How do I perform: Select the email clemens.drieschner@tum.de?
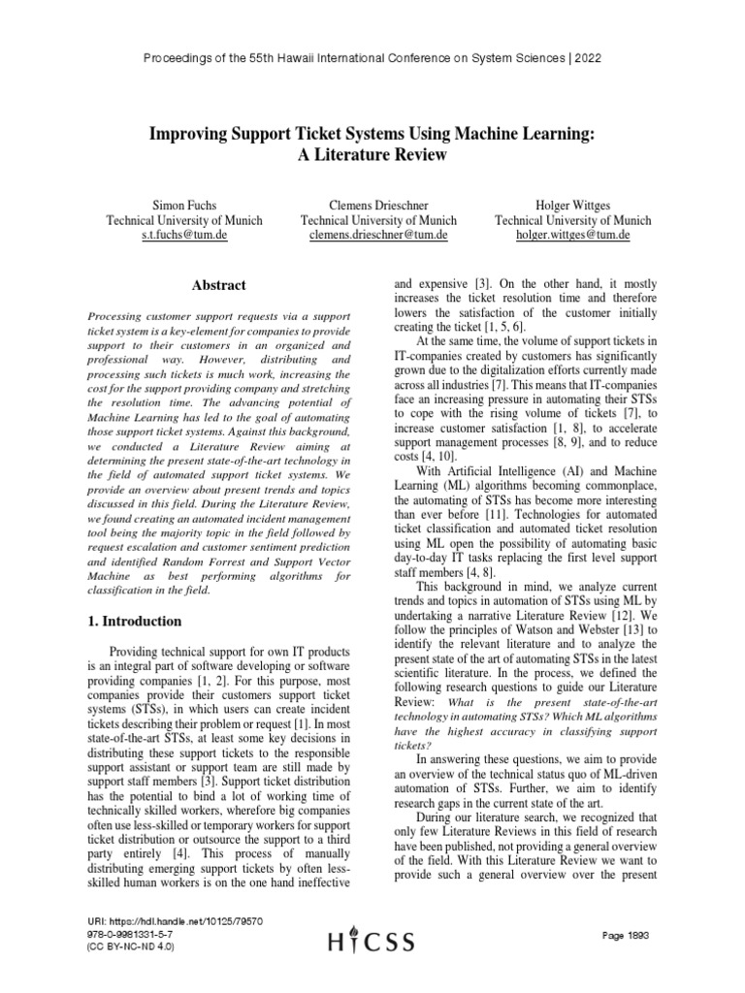tap(377, 235)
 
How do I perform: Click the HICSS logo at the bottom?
tap(372, 942)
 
